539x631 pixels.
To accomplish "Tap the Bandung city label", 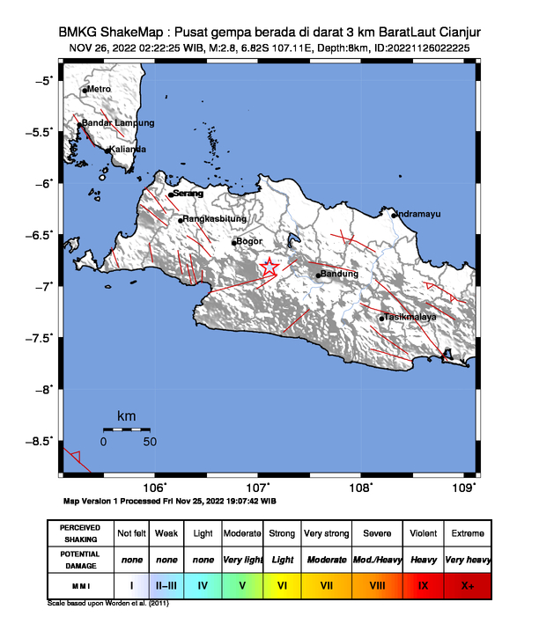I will [x=340, y=275].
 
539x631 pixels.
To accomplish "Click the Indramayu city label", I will [x=418, y=214].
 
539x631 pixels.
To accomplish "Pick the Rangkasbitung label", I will [x=214, y=219].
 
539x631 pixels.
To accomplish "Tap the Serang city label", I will [x=188, y=193].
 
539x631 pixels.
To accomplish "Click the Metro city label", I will [x=98, y=89].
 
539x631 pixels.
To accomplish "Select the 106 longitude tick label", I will [x=154, y=489].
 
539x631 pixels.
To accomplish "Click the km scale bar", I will [x=127, y=429].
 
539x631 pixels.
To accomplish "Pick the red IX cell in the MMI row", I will [x=424, y=583].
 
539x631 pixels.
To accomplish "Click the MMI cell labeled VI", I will [x=283, y=583].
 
